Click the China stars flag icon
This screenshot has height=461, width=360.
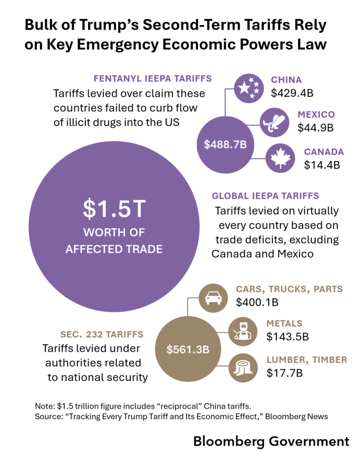click(x=249, y=87)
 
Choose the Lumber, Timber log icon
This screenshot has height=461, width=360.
click(x=245, y=367)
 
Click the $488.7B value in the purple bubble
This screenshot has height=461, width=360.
click(x=225, y=145)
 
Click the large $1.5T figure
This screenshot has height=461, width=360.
click(x=114, y=209)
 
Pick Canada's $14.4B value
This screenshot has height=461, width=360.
click(x=321, y=165)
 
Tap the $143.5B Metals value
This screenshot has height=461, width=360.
click(x=287, y=337)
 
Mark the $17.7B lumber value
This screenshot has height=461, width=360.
click(x=284, y=373)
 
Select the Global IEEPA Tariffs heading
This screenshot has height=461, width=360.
click(x=265, y=196)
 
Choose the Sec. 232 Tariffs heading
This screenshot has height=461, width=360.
click(x=102, y=334)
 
